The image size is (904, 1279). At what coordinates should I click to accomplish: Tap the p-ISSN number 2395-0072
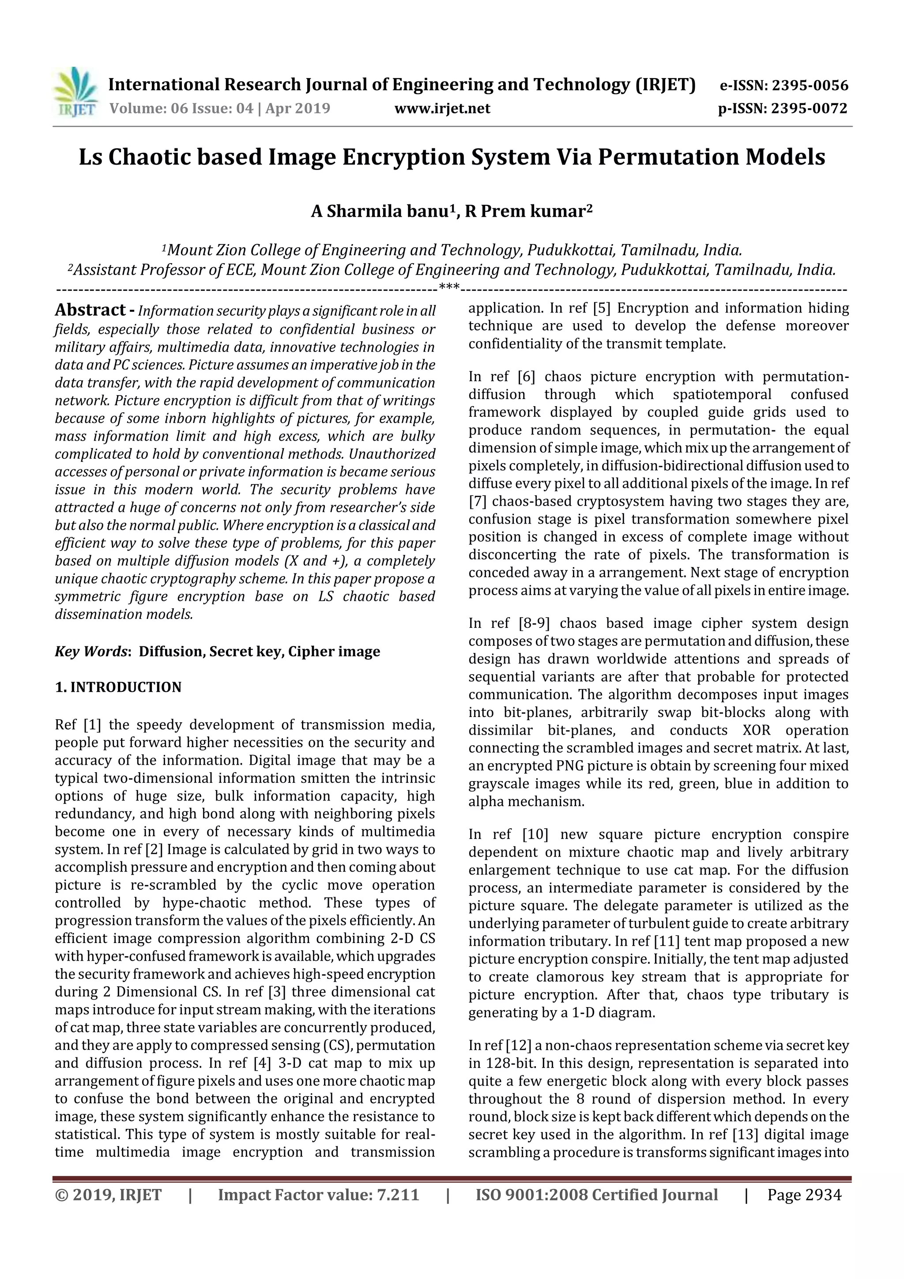(809, 108)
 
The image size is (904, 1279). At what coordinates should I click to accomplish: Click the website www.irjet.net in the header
(442, 108)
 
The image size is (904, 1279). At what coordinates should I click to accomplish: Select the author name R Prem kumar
(525, 212)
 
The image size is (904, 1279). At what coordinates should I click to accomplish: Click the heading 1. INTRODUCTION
(118, 687)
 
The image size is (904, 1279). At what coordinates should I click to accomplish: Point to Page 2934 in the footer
(804, 1195)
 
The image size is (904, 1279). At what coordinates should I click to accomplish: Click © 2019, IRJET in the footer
(108, 1195)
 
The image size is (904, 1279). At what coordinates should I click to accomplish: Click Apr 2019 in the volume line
(298, 108)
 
